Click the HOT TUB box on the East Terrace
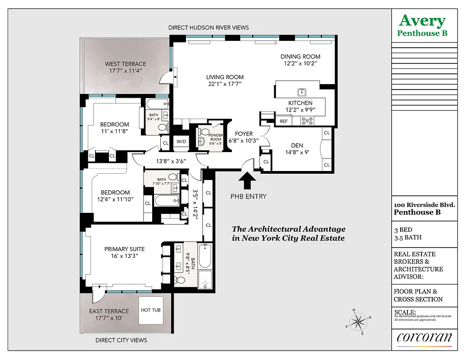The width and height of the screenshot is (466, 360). [150, 310]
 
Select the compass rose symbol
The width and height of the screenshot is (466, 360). [359, 321]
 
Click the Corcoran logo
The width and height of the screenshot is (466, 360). [424, 338]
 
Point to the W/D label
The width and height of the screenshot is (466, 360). [181, 141]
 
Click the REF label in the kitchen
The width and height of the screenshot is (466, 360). [284, 121]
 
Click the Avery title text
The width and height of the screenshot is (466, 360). [422, 21]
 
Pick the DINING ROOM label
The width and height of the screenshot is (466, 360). [300, 57]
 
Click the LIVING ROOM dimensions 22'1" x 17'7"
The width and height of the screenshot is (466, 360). [225, 84]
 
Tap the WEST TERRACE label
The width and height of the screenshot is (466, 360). [126, 64]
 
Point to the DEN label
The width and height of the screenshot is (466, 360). [297, 145]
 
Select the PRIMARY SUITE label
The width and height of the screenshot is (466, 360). [125, 249]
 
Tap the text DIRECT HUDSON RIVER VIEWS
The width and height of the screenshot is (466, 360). [208, 27]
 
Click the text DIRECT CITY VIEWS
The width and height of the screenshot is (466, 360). [121, 340]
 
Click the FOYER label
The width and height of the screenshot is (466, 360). [244, 134]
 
